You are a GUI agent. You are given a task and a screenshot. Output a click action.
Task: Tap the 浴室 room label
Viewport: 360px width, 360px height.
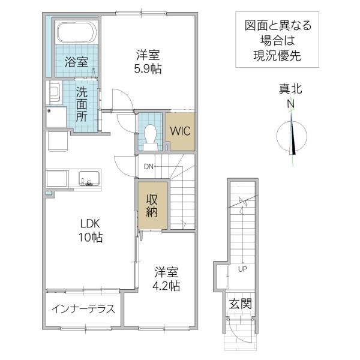tap(76, 61)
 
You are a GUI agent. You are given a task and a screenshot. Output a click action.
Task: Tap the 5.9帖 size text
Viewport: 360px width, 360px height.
tap(148, 67)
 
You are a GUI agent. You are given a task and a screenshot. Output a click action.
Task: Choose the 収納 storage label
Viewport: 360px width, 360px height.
tap(149, 205)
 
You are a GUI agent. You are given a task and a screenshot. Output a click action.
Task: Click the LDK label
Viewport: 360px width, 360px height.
tap(90, 224)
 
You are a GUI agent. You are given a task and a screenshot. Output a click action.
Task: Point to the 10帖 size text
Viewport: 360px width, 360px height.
tap(90, 238)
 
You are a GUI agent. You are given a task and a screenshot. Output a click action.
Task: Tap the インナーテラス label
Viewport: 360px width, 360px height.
tap(82, 310)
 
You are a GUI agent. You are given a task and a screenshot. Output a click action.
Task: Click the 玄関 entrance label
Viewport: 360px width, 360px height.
tap(240, 304)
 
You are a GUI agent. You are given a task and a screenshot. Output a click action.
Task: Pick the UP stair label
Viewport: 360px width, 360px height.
tap(243, 268)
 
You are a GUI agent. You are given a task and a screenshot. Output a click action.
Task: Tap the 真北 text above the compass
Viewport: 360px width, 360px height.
tap(290, 89)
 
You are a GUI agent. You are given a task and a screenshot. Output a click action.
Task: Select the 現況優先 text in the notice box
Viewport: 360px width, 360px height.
tap(277, 56)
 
